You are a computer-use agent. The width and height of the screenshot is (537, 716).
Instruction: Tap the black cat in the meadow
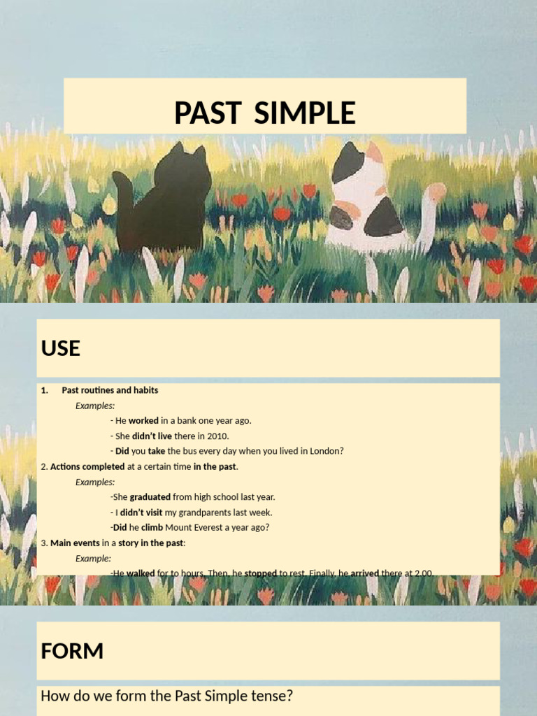coord(171,203)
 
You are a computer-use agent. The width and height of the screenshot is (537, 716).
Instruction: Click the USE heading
coord(61,348)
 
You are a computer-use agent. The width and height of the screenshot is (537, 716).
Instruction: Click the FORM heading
coord(72,652)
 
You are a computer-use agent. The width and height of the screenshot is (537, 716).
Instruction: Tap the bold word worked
coord(143,421)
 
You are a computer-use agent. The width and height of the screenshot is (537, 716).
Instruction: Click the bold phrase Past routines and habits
coord(110,390)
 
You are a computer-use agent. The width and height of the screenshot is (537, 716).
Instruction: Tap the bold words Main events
coord(75,543)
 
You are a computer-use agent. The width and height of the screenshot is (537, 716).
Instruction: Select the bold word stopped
coord(260,573)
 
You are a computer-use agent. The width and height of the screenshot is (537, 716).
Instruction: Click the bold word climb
coord(152,527)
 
